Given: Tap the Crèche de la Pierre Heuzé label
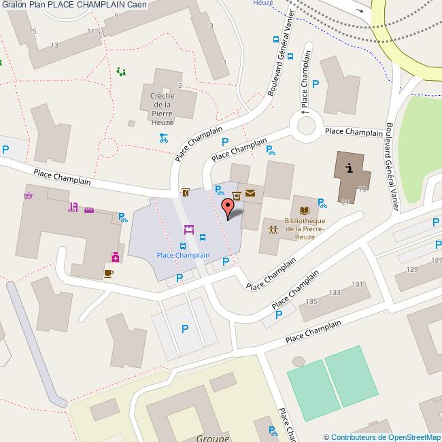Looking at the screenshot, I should [162, 109].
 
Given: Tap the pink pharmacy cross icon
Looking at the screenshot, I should [116, 257].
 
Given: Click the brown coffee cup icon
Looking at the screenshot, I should [108, 273].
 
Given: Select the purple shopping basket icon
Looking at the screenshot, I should [29, 196].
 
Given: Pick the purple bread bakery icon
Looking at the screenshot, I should [88, 210].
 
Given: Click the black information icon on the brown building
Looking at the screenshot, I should [349, 168].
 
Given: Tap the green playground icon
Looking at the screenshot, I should [121, 71].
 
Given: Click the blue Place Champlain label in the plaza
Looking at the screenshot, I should [183, 255].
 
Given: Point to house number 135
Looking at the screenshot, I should [312, 301].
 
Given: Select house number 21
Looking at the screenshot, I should [345, 202].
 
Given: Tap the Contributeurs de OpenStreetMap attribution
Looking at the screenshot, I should [382, 437].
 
